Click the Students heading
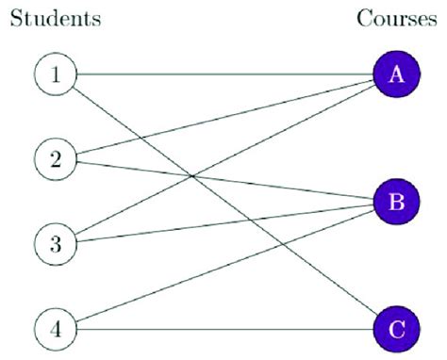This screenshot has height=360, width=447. (55, 18)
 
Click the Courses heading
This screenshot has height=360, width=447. (395, 18)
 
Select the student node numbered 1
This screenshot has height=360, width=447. (55, 74)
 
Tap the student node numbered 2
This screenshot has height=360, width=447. (55, 158)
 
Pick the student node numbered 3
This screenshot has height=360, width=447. (55, 244)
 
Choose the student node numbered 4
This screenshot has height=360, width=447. (55, 329)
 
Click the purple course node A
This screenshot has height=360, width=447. (395, 74)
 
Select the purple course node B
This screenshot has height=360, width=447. (395, 201)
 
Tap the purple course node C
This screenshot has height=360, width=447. (395, 329)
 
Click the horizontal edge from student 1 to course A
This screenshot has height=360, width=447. (226, 74)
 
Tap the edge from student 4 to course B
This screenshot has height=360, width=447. (151, 296)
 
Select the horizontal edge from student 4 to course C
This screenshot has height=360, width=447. (226, 329)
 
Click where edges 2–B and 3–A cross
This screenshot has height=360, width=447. (192, 175)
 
